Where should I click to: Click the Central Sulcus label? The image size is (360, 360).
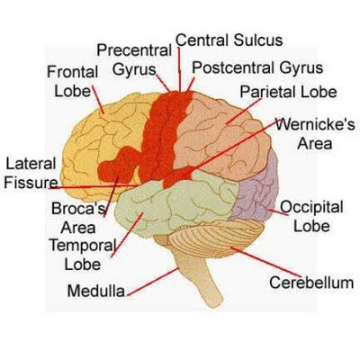(x=229, y=40)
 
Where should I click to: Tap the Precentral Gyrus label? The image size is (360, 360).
(x=134, y=60)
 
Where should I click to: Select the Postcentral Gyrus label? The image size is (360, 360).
(x=257, y=68)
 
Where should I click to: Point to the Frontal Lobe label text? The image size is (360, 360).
(x=73, y=82)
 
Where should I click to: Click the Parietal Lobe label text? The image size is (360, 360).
(x=288, y=92)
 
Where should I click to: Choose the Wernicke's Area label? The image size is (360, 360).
(x=315, y=134)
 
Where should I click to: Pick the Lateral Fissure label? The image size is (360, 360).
(x=31, y=173)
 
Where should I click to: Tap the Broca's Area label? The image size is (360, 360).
(x=78, y=218)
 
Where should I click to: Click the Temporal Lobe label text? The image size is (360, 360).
(x=83, y=255)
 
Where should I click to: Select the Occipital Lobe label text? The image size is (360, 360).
(x=311, y=216)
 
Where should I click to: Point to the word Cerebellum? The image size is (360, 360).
(x=311, y=283)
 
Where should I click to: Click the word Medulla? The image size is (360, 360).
(x=96, y=291)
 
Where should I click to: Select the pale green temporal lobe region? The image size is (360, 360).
(x=177, y=204)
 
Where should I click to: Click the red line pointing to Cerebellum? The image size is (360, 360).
(x=265, y=262)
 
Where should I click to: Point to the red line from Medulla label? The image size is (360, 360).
(x=152, y=282)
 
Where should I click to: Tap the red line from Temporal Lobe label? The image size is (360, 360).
(x=127, y=235)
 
